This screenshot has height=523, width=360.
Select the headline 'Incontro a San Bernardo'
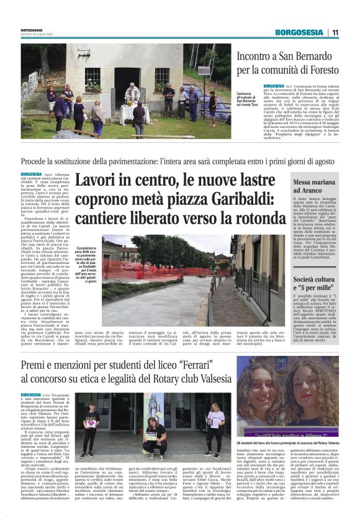coord(290,57)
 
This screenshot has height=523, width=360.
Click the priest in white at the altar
coord(132,94)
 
